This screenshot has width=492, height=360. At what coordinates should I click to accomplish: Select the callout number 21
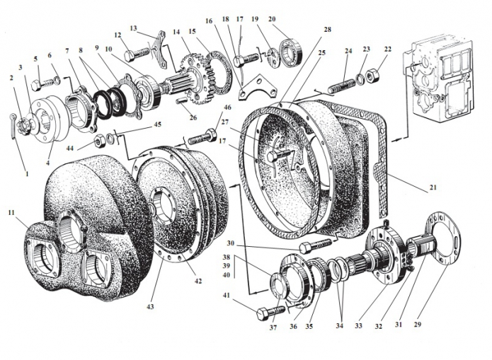[433, 187]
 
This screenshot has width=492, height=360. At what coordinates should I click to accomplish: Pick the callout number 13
[132, 28]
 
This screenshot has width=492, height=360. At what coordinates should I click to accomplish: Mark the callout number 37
[274, 327]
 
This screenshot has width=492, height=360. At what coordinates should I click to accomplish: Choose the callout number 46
[227, 108]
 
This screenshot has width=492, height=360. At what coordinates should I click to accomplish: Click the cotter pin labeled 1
[15, 121]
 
